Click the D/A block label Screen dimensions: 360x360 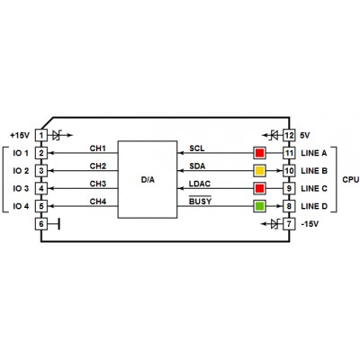(x=148, y=180)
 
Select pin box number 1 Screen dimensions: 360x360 (x=41, y=135)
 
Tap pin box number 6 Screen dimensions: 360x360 (x=41, y=224)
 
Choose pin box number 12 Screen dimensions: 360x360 (x=289, y=135)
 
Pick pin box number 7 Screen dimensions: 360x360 (x=289, y=224)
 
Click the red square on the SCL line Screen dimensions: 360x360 (x=259, y=153)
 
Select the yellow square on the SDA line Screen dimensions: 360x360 (x=259, y=171)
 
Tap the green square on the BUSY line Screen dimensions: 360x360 (x=259, y=206)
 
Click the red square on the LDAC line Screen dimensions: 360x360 (x=259, y=188)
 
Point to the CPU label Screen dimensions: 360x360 (x=351, y=180)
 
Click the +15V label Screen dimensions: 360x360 (x=20, y=136)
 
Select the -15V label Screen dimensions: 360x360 (x=310, y=224)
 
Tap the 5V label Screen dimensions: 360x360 (x=305, y=136)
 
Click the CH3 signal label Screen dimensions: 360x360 (x=98, y=184)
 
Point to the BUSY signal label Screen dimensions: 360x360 (x=200, y=202)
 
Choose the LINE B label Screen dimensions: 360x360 (x=314, y=171)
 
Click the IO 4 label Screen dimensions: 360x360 (x=21, y=206)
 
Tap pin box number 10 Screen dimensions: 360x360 (x=289, y=171)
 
